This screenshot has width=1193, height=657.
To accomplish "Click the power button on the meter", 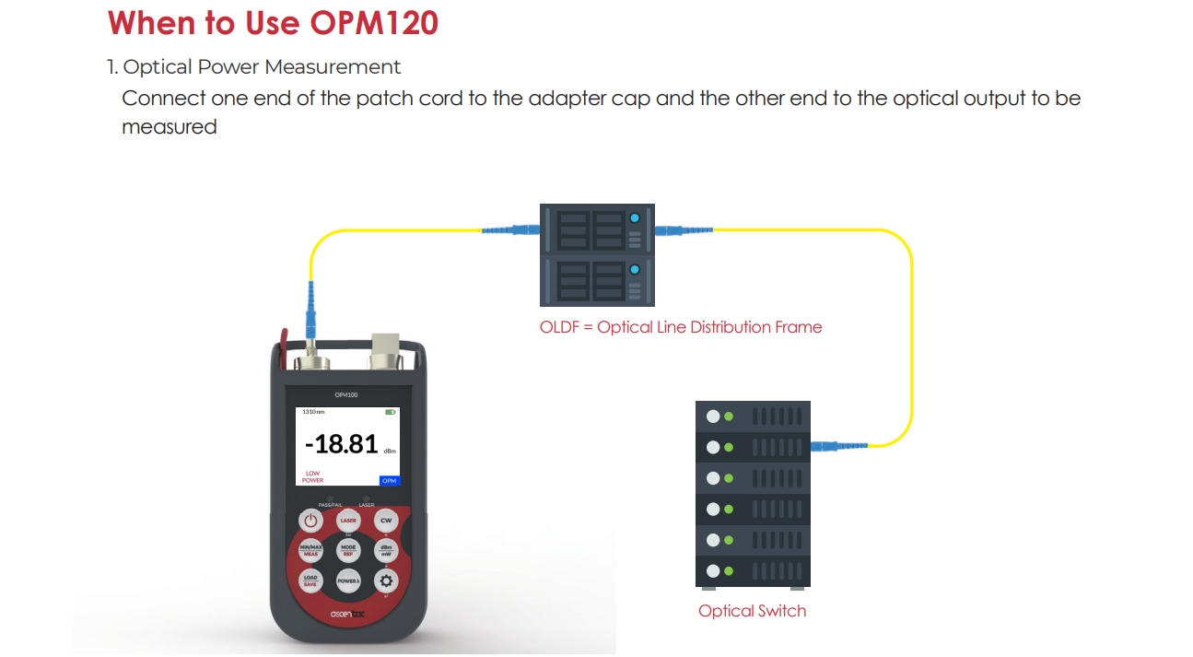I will [x=310, y=521].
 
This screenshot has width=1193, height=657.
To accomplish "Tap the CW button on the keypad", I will [x=386, y=521].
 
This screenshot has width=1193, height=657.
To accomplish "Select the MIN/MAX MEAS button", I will [x=310, y=550].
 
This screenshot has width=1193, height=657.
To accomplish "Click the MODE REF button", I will [x=348, y=550].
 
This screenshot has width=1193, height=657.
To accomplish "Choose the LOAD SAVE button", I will [x=310, y=581].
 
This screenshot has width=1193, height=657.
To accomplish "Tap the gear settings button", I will [x=386, y=581].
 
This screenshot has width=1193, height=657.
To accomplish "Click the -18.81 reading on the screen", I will [x=341, y=444].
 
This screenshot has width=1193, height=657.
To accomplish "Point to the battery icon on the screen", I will [x=391, y=412].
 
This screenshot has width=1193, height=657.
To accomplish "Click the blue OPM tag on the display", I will [x=389, y=480].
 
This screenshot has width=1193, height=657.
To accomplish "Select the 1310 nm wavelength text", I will [x=313, y=412].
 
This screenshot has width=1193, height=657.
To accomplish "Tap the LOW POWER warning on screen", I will [x=312, y=476].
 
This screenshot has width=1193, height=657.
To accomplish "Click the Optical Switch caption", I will [x=752, y=611].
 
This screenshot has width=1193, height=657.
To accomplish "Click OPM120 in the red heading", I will [x=374, y=22].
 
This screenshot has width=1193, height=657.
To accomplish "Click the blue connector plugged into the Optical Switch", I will [x=834, y=447].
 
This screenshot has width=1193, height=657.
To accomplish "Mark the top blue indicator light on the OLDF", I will [x=635, y=219].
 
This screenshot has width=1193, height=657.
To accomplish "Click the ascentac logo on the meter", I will [x=348, y=614].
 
